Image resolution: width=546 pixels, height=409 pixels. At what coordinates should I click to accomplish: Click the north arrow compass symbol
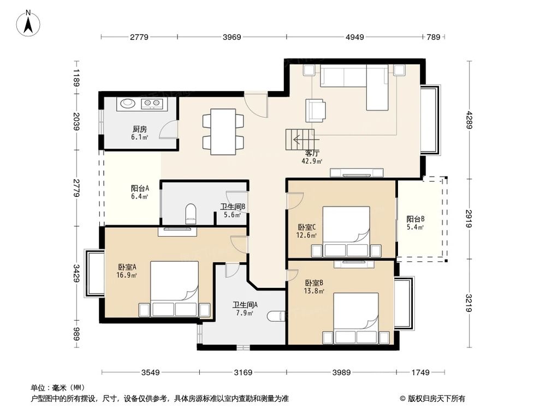coord(28,23)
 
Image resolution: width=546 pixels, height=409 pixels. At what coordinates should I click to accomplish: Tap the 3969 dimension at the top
coord(232,37)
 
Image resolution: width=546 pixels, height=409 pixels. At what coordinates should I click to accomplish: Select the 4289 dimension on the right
coord(470,119)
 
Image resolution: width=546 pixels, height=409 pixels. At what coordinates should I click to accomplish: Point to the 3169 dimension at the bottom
coord(243,372)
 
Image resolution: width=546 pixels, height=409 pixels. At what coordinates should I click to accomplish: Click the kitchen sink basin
coord(128,103)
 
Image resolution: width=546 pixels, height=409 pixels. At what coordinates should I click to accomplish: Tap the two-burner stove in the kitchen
coord(152,103)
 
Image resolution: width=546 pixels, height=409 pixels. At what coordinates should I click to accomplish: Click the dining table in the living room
coord(223,132)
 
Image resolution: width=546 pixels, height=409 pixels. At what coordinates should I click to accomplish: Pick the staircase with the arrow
coord(300,140)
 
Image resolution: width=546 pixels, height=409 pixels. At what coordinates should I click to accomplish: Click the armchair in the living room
coord(316,111)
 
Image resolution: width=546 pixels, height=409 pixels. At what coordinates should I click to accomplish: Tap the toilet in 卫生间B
coord(191,213)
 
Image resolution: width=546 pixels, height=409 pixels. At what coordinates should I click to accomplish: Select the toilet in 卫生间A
coord(277,316)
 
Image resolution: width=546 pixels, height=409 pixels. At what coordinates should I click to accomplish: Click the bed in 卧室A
coord(175,289)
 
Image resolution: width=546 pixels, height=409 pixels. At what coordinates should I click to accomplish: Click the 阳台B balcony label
coord(416,219)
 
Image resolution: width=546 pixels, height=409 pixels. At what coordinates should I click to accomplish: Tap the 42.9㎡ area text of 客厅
coord(312,161)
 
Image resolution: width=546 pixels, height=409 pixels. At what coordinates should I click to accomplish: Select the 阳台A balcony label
coord(140,188)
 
